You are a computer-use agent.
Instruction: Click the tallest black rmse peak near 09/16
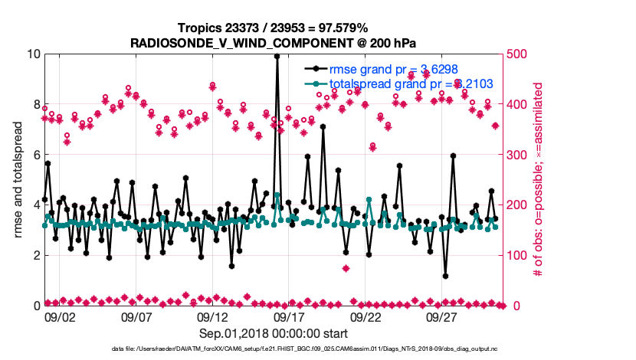click(x=277, y=56)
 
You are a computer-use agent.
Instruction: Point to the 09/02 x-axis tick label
click(x=60, y=316)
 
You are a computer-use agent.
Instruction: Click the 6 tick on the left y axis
click(x=35, y=155)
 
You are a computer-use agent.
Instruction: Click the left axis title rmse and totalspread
click(x=17, y=179)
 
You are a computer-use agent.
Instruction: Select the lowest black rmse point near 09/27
click(x=445, y=276)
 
